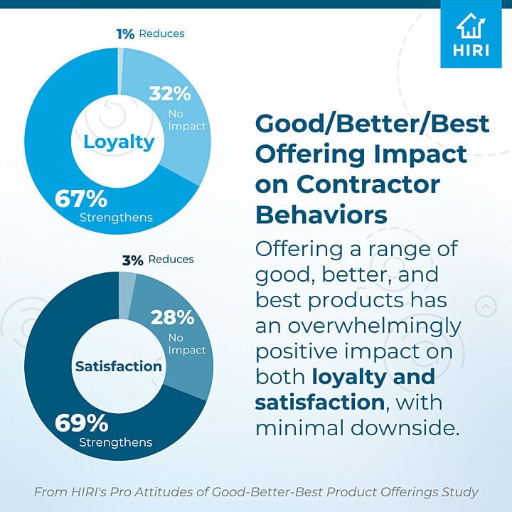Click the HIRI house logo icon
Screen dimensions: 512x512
pyautogui.click(x=471, y=26)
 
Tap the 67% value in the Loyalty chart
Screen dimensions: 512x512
pyautogui.click(x=81, y=198)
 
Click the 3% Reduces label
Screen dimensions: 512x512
pyautogui.click(x=157, y=260)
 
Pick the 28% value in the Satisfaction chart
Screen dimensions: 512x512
pyautogui.click(x=171, y=317)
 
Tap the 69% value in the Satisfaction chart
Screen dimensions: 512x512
pyautogui.click(x=82, y=423)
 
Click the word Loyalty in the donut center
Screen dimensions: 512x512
pyautogui.click(x=119, y=142)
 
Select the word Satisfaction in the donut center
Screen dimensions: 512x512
pyautogui.click(x=119, y=367)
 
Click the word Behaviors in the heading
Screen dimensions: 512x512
pyautogui.click(x=321, y=214)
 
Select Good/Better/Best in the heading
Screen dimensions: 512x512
pyautogui.click(x=372, y=124)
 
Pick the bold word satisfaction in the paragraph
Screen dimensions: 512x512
pyautogui.click(x=319, y=402)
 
